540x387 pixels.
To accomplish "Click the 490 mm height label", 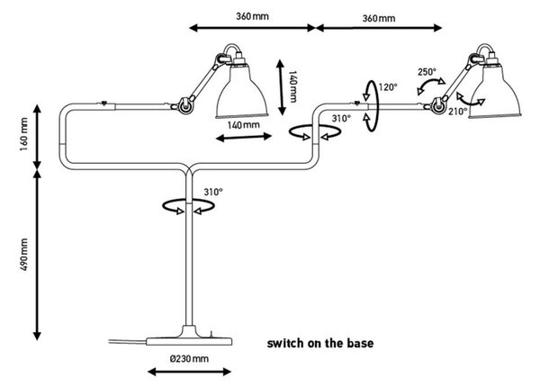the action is tap(24, 254).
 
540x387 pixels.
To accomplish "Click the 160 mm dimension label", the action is tap(23, 134).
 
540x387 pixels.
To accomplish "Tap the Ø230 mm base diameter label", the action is tap(189, 359).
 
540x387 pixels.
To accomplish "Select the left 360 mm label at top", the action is tap(252, 16).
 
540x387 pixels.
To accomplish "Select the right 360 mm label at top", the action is tap(379, 18).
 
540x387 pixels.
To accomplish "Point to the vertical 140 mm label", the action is tap(292, 86).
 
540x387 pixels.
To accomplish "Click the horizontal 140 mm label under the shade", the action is tap(244, 124).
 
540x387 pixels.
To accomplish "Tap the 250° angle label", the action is tap(427, 72).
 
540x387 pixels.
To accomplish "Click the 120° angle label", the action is tap(388, 87).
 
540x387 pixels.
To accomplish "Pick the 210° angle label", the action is tap(458, 112).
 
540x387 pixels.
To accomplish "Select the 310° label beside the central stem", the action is tap(213, 192).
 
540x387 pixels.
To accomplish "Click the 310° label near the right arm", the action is tap(341, 119).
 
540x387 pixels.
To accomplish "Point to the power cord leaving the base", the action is tap(128, 341).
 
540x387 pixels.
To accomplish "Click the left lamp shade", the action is tap(242, 91).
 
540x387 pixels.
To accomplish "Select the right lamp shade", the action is tap(495, 91).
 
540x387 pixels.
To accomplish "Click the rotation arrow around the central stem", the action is tap(188, 206).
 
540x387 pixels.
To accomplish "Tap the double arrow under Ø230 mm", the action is tap(189, 372).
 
